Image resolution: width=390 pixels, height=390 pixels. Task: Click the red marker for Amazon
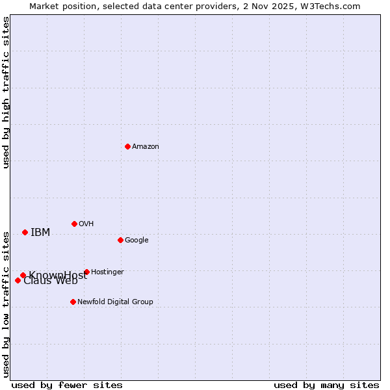(127, 146)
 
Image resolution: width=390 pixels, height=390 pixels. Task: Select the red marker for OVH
(74, 224)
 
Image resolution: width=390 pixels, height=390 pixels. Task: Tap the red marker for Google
(120, 240)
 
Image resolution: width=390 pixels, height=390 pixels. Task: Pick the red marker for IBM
(25, 232)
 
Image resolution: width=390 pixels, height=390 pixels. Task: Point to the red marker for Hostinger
(86, 272)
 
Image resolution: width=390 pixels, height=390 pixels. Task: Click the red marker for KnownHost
(23, 275)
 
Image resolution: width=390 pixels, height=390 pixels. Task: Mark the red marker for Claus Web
(18, 280)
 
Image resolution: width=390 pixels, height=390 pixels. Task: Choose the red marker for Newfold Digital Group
(73, 302)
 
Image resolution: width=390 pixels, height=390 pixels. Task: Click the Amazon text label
(146, 147)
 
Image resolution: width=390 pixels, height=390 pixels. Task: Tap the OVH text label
(86, 224)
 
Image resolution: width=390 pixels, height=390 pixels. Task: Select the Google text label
(136, 240)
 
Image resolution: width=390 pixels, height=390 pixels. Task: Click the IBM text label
(40, 233)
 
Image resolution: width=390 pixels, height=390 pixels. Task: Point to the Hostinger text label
(107, 272)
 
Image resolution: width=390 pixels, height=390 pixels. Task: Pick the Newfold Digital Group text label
(115, 302)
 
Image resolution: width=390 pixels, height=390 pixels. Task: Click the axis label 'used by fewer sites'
(67, 385)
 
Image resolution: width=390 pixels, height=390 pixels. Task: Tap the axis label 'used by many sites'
(326, 385)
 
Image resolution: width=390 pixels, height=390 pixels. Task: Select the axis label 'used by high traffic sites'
(6, 92)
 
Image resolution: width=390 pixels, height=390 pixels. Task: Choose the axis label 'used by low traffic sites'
(6, 303)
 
